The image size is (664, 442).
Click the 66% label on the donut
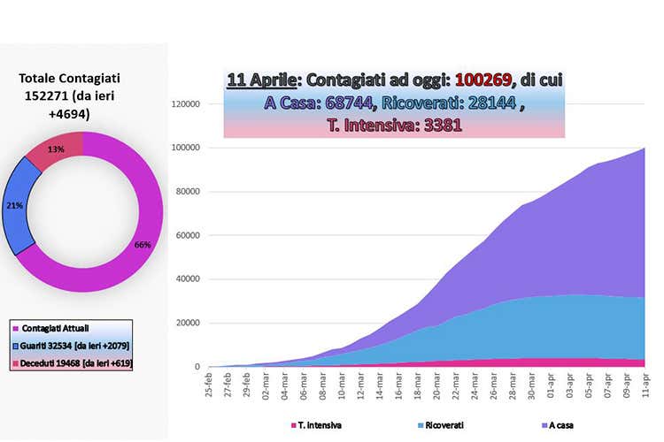(x=143, y=245)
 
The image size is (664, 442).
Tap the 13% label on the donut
(x=56, y=149)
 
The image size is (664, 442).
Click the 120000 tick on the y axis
(x=185, y=103)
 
